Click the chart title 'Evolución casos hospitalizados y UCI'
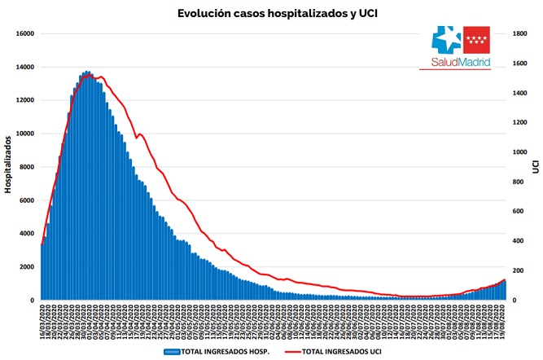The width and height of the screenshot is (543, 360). pos(270,13)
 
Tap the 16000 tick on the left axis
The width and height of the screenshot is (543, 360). pos(24,33)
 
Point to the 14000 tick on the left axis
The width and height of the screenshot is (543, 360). pos(24,67)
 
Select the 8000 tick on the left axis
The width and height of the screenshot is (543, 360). pos(26,167)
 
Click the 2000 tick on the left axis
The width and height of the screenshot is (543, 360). pos(26,267)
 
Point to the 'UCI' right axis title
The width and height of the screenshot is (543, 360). pos(536,166)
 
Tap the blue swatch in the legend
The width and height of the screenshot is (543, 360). pos(172,351)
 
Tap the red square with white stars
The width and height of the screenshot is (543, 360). pos(476,39)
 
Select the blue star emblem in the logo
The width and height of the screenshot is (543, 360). pos(444,40)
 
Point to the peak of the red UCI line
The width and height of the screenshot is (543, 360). pos(95,75)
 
